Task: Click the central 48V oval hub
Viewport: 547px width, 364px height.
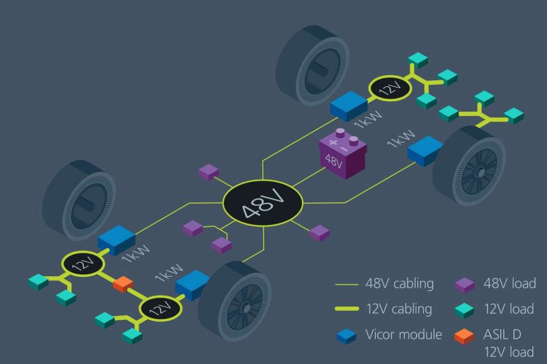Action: (x=262, y=203)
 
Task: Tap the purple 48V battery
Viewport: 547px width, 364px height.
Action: (x=340, y=154)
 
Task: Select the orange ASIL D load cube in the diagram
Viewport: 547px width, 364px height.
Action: (x=123, y=284)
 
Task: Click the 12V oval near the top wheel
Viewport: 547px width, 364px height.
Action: (x=390, y=88)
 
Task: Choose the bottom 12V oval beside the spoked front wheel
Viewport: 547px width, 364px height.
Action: (x=161, y=308)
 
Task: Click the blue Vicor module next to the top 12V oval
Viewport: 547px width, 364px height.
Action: (x=348, y=105)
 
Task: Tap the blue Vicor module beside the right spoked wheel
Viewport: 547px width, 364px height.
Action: (x=425, y=149)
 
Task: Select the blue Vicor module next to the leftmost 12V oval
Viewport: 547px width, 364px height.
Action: (x=116, y=239)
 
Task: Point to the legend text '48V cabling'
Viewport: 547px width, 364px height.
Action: (x=400, y=283)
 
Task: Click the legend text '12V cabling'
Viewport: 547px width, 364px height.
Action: (x=398, y=309)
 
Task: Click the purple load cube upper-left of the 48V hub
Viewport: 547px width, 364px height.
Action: (x=208, y=172)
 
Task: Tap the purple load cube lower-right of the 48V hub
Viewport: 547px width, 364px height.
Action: (x=319, y=233)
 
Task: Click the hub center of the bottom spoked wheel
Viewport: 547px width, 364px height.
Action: (x=245, y=307)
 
